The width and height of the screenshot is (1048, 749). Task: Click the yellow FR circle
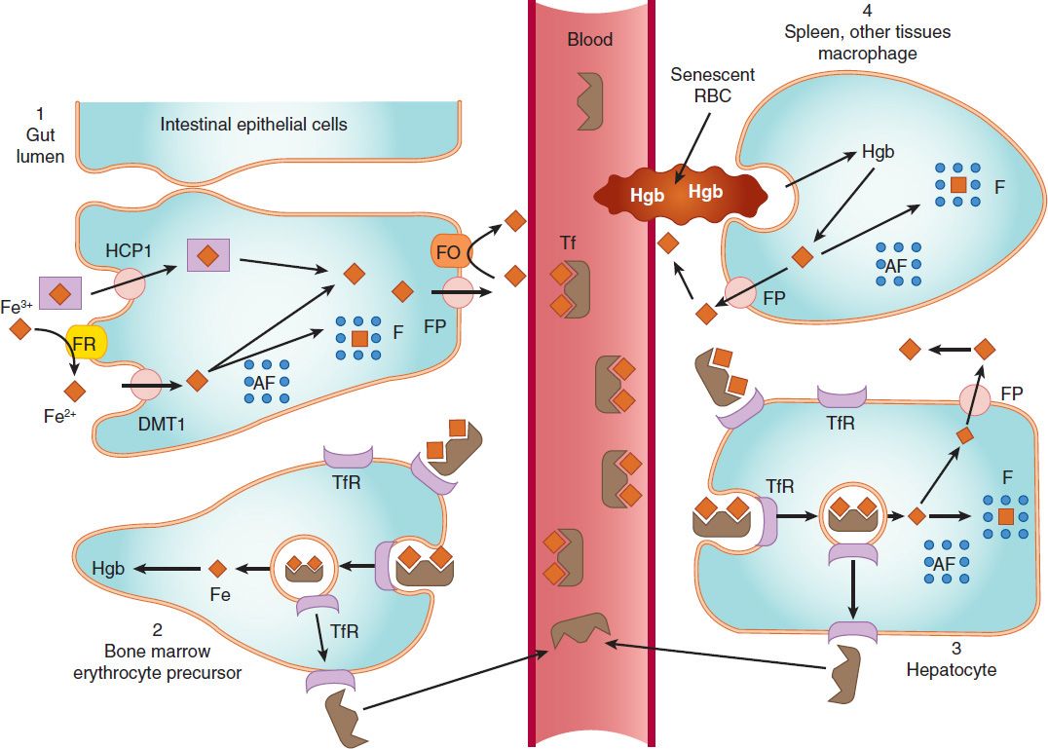tap(83, 343)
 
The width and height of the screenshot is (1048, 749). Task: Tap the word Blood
tap(590, 40)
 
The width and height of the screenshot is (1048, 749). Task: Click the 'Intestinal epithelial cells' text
tap(254, 124)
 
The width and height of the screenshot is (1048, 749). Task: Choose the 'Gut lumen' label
tap(39, 142)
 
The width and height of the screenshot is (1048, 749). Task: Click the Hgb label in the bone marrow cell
tap(108, 568)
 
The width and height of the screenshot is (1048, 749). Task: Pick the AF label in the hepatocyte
tap(944, 562)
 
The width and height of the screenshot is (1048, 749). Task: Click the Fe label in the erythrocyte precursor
tap(220, 594)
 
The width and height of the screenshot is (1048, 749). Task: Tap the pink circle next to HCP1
tap(133, 284)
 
